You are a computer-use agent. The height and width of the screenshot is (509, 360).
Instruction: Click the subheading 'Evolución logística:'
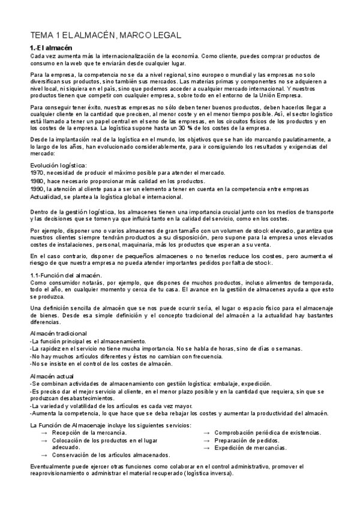pos(58,165)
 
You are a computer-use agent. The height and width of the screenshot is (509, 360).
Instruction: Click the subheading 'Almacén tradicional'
pos(58,333)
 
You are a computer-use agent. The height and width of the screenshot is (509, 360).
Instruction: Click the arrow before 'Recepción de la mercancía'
pos(43,433)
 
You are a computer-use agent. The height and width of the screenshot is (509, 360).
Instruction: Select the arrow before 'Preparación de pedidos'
pos(206,440)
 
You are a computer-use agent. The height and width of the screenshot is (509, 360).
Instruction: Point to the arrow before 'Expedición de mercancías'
pos(206,448)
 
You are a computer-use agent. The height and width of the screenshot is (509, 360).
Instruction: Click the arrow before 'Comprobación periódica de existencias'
pos(206,433)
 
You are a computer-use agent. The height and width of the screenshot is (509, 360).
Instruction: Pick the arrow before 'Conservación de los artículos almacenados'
pos(43,455)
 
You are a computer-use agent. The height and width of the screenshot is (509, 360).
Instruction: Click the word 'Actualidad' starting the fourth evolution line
pos(45,196)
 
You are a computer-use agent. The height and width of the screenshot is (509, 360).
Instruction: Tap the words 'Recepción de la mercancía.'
pos(89,433)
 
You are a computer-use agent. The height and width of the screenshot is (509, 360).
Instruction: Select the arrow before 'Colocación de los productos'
pos(43,440)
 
